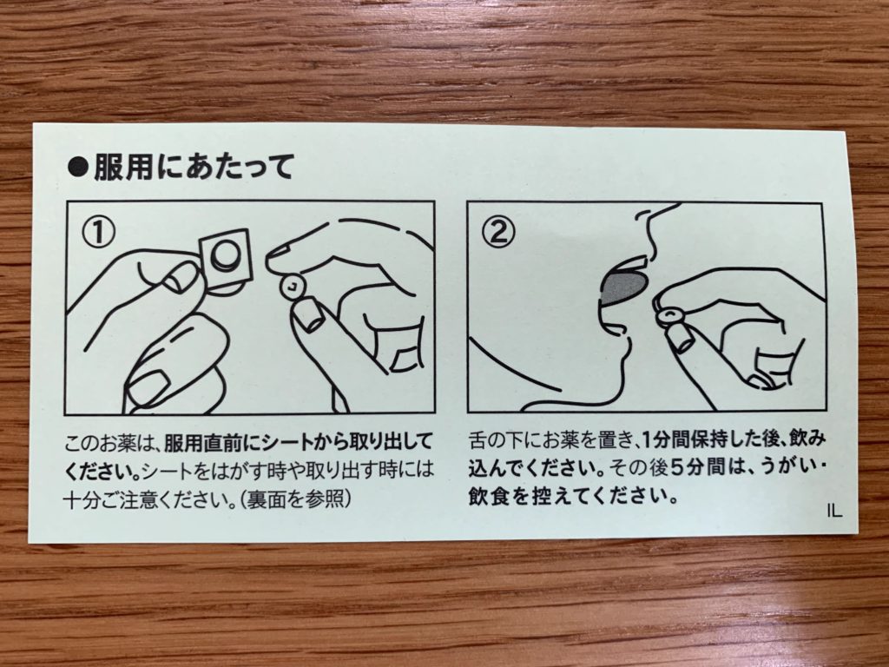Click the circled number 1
point(99,232)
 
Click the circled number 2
point(498,232)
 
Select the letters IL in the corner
point(834,511)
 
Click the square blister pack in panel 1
point(227,261)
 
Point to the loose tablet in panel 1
point(293,287)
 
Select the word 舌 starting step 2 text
point(479,439)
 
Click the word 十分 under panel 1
point(84,499)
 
